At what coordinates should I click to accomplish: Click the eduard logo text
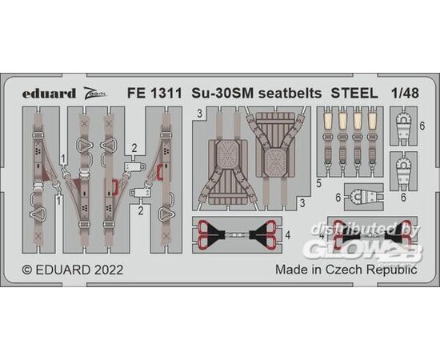pyautogui.click(x=49, y=93)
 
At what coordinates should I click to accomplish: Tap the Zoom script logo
pyautogui.click(x=96, y=92)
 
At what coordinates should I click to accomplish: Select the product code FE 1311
pyautogui.click(x=154, y=93)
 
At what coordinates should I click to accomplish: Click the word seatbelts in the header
pyautogui.click(x=290, y=93)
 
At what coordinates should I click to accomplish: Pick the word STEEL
pyautogui.click(x=354, y=93)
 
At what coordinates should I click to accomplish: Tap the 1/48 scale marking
pyautogui.click(x=405, y=93)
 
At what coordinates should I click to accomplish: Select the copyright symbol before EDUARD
pyautogui.click(x=27, y=270)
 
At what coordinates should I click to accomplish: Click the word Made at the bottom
pyautogui.click(x=290, y=270)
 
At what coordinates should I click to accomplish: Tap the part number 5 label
pyautogui.click(x=318, y=184)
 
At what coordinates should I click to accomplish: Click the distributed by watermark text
pyautogui.click(x=365, y=230)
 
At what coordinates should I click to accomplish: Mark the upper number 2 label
pyautogui.click(x=134, y=148)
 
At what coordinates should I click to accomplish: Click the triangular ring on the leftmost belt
pyautogui.click(x=38, y=214)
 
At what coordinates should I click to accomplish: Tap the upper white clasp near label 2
pyautogui.click(x=134, y=166)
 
